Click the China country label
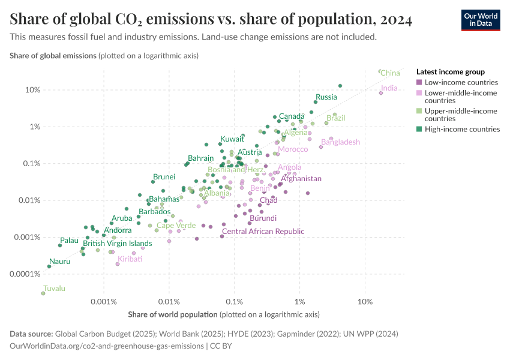(x=390, y=73)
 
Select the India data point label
(x=389, y=88)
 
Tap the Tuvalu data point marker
(x=43, y=293)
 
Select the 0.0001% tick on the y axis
(x=25, y=274)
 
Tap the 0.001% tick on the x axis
(x=104, y=301)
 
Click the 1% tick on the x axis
(x=300, y=301)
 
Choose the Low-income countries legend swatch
(x=419, y=82)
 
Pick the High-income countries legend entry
(x=462, y=129)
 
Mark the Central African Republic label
(x=263, y=232)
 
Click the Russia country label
(x=326, y=97)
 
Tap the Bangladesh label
(x=340, y=142)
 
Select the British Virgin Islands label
(x=117, y=244)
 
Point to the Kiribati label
(x=130, y=259)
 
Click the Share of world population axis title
(x=173, y=314)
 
